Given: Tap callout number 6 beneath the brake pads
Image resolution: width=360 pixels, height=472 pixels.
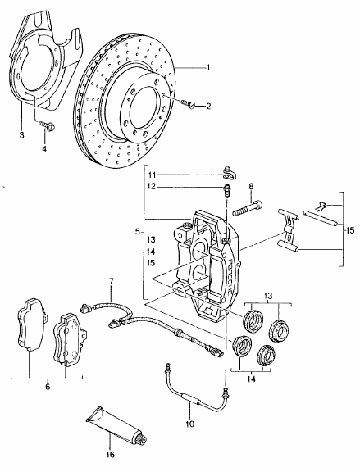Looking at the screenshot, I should click(47, 387).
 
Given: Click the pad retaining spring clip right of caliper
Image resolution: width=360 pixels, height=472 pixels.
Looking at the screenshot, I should click(289, 230).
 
